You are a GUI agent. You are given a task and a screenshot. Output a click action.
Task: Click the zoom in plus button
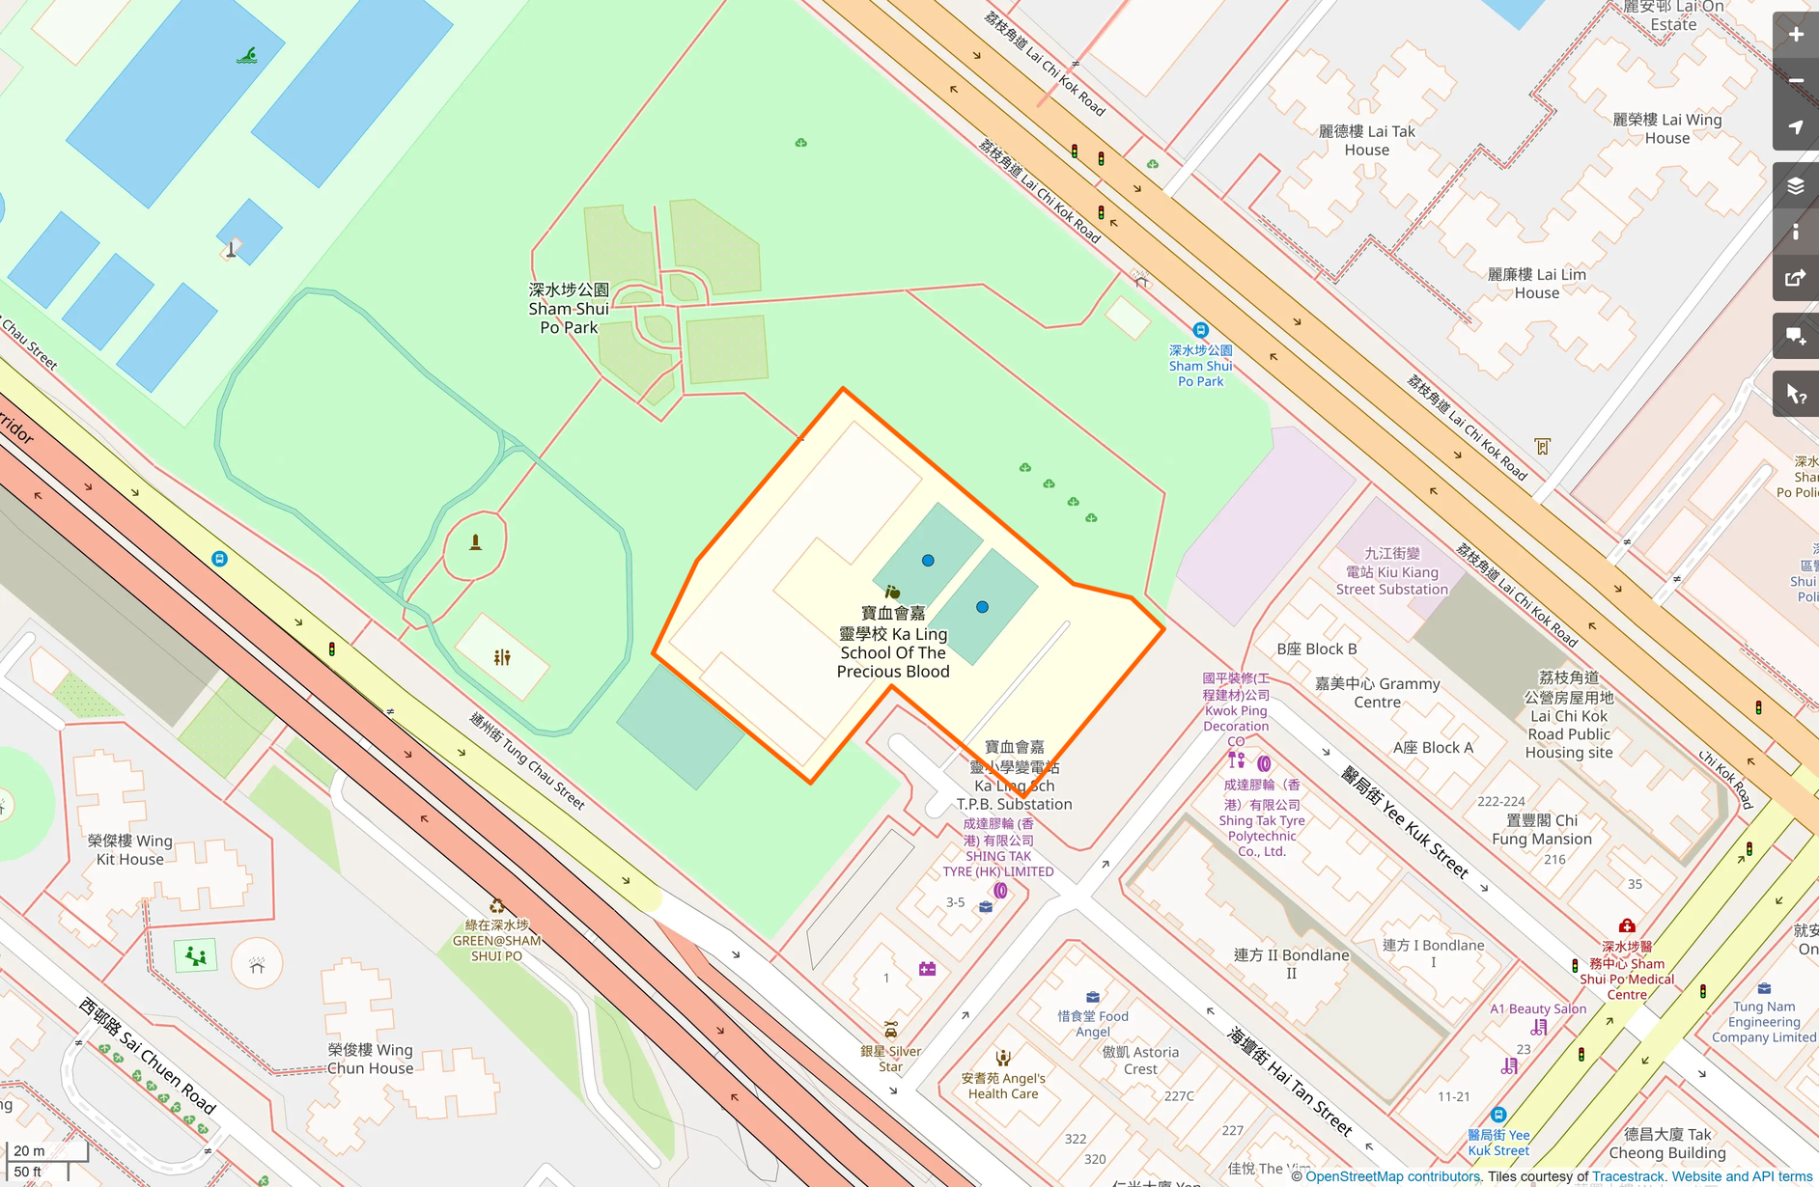[x=1795, y=35]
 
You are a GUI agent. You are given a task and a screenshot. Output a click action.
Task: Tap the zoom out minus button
[x=1795, y=81]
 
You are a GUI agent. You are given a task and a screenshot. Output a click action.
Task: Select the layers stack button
[x=1795, y=185]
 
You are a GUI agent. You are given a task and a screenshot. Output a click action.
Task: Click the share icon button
[x=1795, y=279]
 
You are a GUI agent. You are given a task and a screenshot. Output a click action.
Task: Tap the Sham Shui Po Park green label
[x=569, y=309]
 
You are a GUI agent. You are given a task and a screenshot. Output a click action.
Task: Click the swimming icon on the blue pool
[x=247, y=56]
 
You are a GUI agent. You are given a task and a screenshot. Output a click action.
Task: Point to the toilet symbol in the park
[x=502, y=657]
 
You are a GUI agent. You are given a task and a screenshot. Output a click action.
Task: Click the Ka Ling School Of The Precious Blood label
[x=893, y=643]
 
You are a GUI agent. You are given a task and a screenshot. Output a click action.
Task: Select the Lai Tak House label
[x=1367, y=140]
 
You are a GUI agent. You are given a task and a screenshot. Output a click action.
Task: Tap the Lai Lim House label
[x=1536, y=283]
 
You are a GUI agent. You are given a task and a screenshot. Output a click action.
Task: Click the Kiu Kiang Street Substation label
[x=1391, y=571]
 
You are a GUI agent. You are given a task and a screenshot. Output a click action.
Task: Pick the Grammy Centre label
[x=1378, y=692]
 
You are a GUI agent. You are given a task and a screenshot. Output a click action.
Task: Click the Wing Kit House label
[x=130, y=849]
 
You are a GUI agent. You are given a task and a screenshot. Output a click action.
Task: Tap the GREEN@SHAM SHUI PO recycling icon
[x=496, y=906]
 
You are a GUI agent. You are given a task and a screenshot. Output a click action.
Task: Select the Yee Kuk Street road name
[x=1405, y=822]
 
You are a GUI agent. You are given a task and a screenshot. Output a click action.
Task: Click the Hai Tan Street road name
[x=1289, y=1081]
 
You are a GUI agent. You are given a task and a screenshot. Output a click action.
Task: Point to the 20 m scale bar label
[x=29, y=1150]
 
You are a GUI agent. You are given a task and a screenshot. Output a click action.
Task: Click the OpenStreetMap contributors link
[x=1392, y=1176]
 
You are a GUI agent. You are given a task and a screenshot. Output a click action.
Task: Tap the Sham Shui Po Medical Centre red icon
[x=1627, y=925]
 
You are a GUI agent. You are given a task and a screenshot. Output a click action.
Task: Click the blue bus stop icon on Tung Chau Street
[x=219, y=559]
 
